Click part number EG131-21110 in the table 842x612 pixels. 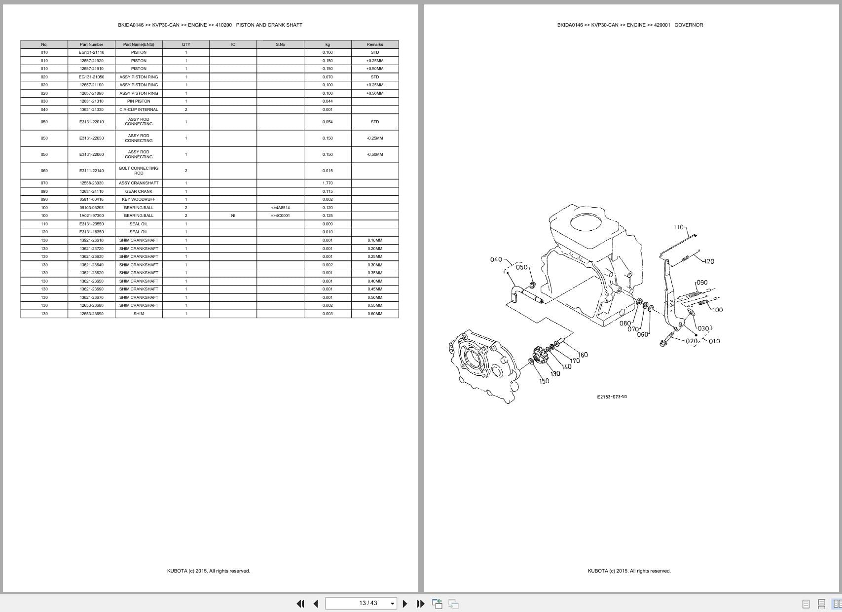pos(91,52)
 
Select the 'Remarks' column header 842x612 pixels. pos(374,44)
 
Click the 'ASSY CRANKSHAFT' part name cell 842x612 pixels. pos(139,183)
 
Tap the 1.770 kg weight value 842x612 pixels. pos(327,183)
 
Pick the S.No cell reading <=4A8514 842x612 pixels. pos(280,208)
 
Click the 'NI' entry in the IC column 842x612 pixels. pos(233,216)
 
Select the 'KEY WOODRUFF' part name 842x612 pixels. pos(139,199)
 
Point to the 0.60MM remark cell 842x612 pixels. pos(374,314)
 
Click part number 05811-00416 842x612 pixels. pos(91,199)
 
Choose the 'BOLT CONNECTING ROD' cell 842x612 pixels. pos(139,171)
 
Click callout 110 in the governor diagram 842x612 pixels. pos(678,227)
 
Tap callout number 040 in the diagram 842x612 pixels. pos(496,259)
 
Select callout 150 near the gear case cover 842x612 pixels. pos(544,381)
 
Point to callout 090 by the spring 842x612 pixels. pos(701,283)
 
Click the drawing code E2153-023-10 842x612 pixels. pos(612,396)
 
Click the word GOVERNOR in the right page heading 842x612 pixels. pos(689,25)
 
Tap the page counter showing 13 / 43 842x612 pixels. pos(368,603)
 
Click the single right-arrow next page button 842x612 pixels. pos(405,603)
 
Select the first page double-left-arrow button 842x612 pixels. pos(300,603)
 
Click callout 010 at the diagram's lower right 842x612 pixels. pos(714,341)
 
